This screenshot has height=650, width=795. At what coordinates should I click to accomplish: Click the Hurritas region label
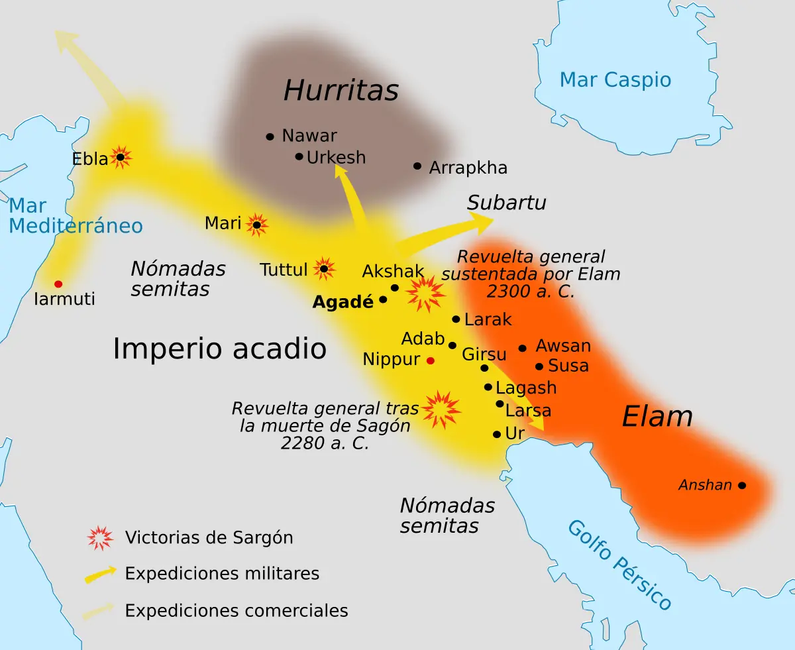[341, 91]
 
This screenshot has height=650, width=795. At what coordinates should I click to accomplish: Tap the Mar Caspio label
[615, 80]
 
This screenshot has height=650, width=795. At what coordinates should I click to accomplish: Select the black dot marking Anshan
[742, 486]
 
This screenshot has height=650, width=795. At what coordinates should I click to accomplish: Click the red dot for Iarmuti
[58, 284]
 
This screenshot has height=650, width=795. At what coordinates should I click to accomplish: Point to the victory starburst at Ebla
[121, 157]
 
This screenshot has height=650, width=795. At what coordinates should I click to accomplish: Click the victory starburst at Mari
[256, 225]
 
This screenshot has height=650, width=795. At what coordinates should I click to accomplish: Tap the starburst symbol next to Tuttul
[323, 268]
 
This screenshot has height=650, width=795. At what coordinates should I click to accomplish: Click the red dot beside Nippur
[431, 360]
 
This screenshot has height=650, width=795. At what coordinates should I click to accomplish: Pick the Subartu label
[506, 203]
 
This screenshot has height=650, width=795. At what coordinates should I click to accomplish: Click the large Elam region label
[657, 417]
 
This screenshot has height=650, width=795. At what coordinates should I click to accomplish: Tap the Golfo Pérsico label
[620, 565]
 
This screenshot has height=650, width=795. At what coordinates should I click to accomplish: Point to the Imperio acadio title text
[219, 349]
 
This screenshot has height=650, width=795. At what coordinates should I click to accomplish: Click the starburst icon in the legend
[100, 537]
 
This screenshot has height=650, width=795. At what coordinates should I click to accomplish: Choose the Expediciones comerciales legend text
[237, 610]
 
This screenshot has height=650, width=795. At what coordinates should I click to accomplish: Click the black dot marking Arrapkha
[417, 166]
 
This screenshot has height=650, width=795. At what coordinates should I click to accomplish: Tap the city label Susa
[568, 366]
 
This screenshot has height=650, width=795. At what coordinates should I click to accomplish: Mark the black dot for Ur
[497, 434]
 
